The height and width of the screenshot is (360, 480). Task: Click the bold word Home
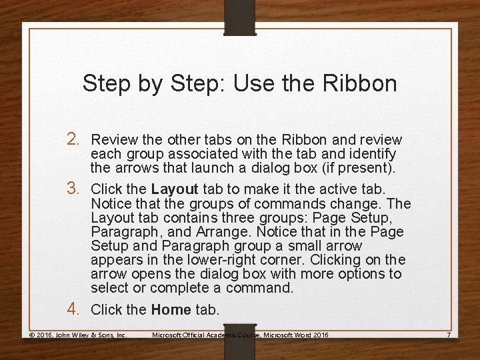point(171,310)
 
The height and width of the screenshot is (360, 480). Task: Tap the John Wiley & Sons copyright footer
point(77,334)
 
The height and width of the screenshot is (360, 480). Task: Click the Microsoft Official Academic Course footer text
point(240,334)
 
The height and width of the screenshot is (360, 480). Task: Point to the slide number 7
point(449,334)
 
